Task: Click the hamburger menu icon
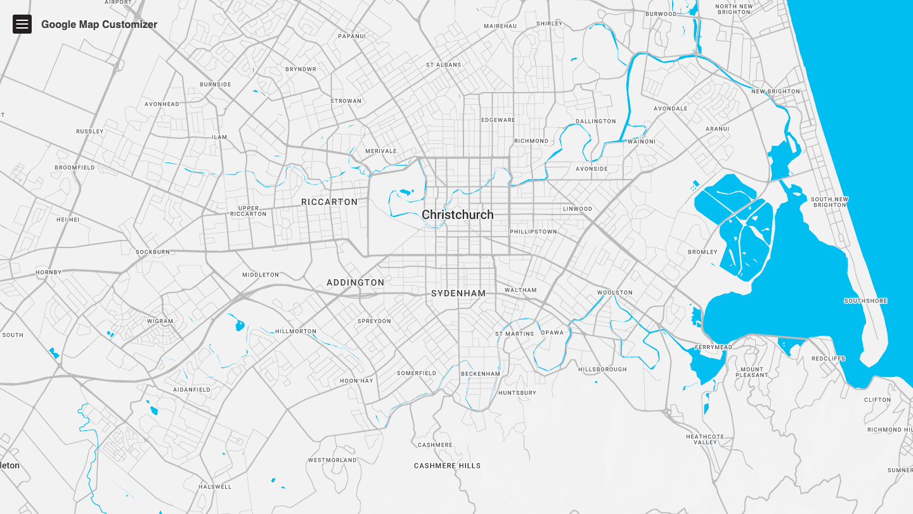point(22,24)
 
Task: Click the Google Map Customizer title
point(99,25)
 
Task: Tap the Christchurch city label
point(457,214)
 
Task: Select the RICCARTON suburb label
point(329,202)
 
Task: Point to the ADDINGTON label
point(355,282)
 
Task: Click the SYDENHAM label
point(458,293)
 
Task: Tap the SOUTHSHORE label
point(865,301)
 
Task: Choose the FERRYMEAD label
point(713,347)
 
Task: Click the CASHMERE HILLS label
point(447,466)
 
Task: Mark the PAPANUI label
point(352,36)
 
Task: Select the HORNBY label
point(49,272)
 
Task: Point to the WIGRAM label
point(160,321)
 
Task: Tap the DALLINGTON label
point(595,121)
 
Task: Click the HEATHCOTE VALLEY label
point(704,439)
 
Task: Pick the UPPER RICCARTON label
point(249,211)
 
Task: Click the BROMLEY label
point(703,252)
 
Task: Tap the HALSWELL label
point(215,487)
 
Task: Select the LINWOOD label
point(577,209)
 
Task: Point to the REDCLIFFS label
point(828,359)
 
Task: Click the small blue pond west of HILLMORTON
point(240,326)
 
